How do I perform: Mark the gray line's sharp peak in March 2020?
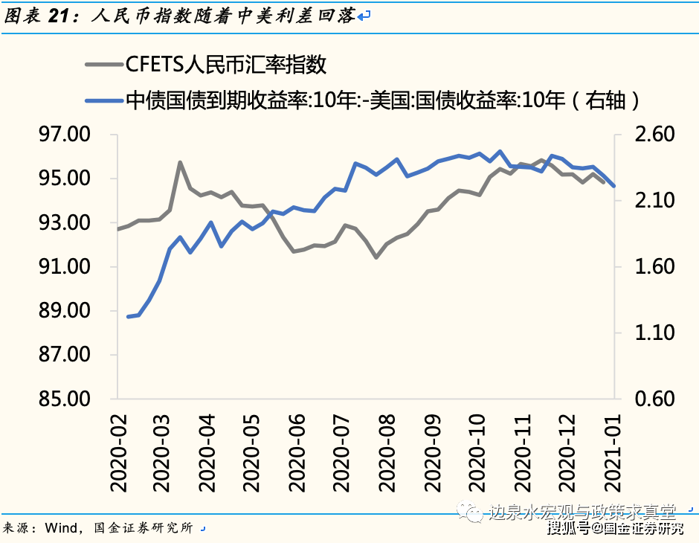pyautogui.click(x=180, y=161)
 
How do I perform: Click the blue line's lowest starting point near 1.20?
pyautogui.click(x=129, y=317)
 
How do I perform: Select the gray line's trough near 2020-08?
pyautogui.click(x=376, y=257)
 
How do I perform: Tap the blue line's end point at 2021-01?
pyautogui.click(x=613, y=186)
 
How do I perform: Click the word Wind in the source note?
pyautogui.click(x=61, y=528)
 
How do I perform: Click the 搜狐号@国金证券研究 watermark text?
pyautogui.click(x=616, y=528)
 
